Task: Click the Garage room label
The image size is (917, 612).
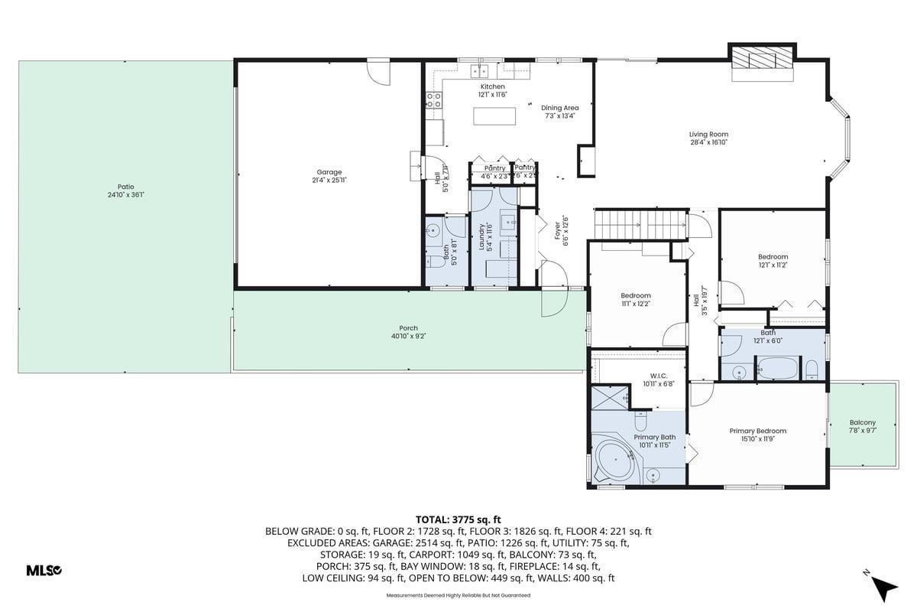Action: coord(329,172)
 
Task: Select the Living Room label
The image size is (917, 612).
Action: coord(708,135)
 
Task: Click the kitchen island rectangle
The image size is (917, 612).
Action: coord(494,116)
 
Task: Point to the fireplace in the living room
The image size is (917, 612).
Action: coord(762,62)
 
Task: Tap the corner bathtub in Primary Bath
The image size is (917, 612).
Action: coord(617,460)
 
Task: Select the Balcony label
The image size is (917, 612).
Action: coord(862,422)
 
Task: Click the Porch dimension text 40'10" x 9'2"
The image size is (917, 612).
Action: coord(408,336)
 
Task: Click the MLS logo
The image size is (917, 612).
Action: coord(44,570)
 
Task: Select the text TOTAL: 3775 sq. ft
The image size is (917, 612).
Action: coord(458,518)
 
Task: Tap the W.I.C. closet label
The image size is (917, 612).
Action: coord(658,376)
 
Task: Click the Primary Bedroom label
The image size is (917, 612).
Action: coord(757,431)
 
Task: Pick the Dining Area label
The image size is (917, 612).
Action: coord(559,108)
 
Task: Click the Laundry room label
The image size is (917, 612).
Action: coord(482,236)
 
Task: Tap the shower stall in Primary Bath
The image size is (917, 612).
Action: coord(609,398)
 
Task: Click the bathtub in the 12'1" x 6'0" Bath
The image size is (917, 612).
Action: coord(779,370)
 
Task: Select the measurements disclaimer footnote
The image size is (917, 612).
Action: coord(458,594)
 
